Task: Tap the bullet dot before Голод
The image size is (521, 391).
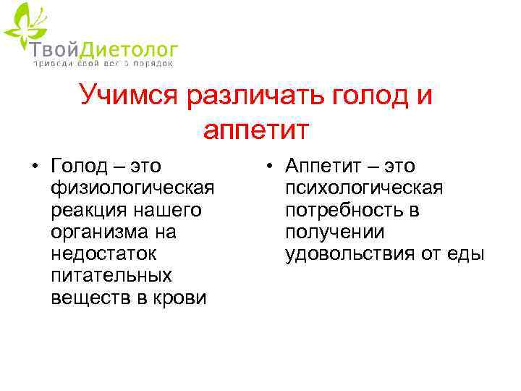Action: [x=35, y=167]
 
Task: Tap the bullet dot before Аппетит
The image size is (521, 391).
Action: [x=268, y=167]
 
